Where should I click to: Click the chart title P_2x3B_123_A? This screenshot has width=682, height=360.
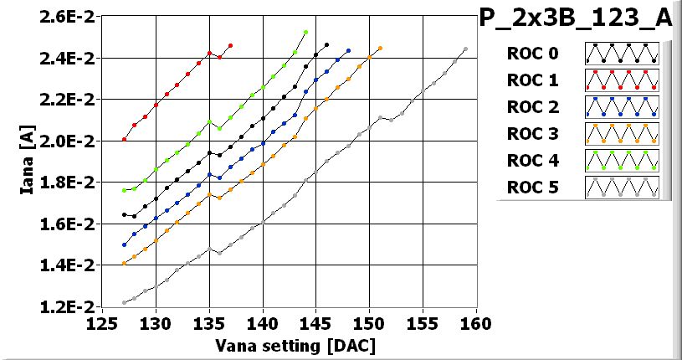(576, 18)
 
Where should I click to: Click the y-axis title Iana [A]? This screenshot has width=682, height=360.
(28, 161)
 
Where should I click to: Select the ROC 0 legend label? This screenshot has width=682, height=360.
(531, 54)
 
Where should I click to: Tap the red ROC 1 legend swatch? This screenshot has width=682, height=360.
(622, 81)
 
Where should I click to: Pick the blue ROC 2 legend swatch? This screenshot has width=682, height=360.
(622, 107)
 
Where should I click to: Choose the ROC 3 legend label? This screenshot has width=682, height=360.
(531, 134)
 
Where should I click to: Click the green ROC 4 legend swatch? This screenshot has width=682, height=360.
(622, 160)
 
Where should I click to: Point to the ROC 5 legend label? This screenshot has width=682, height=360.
(531, 187)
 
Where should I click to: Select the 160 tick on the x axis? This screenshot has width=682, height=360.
(476, 324)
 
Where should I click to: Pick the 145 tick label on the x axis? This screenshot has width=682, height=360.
(316, 324)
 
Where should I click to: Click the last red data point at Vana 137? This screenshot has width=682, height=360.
(230, 45)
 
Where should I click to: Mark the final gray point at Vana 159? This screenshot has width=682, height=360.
(465, 49)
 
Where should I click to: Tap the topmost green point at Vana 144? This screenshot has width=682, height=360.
(305, 32)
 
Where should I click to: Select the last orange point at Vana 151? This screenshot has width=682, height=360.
(380, 49)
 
